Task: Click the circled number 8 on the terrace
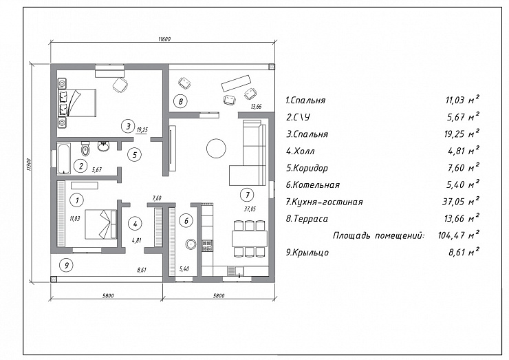pos(180,101)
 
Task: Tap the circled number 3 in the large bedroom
pos(128,126)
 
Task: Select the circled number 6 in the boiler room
pos(186,221)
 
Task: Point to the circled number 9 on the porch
pos(67,266)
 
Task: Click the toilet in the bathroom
pos(85,149)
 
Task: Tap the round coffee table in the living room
pos(216,148)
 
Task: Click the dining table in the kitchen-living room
pos(249,239)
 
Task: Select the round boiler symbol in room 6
pos(191,244)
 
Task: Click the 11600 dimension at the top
pos(164,39)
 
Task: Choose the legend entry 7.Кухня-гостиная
pos(324,202)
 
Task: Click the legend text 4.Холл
pos(301,151)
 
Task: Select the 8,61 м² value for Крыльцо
pos(464,252)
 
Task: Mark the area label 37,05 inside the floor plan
pos(250,209)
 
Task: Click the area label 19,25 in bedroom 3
pos(142,130)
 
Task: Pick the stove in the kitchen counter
pos(207,245)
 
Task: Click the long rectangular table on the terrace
pos(236,83)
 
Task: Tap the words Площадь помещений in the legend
pos(378,235)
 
